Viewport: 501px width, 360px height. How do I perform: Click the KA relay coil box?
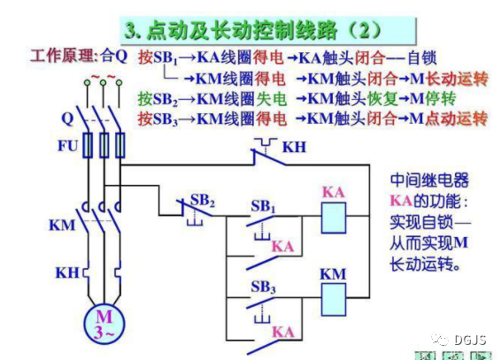(334, 218)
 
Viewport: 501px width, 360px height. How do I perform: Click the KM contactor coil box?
(334, 300)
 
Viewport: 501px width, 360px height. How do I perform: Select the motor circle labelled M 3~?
(104, 324)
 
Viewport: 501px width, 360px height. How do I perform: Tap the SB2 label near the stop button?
(203, 201)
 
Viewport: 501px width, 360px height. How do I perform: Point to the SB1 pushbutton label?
(263, 206)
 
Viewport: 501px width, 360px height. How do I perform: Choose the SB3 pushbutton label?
(263, 287)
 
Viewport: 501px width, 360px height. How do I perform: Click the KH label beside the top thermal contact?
(294, 147)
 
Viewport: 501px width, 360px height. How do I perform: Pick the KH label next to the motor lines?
(67, 272)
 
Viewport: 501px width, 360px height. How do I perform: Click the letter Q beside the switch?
(67, 119)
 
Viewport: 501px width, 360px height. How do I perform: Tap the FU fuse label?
(68, 146)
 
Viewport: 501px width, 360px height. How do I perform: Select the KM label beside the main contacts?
(62, 225)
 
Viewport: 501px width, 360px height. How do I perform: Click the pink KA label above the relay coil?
(333, 193)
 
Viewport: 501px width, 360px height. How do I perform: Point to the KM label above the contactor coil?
(333, 274)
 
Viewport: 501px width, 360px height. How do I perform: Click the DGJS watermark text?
(470, 341)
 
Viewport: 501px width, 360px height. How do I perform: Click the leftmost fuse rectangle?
(88, 145)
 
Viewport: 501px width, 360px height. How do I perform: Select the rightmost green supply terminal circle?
(119, 83)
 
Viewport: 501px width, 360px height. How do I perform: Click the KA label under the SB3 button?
(283, 333)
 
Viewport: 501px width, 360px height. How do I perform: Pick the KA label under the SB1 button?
(283, 247)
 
